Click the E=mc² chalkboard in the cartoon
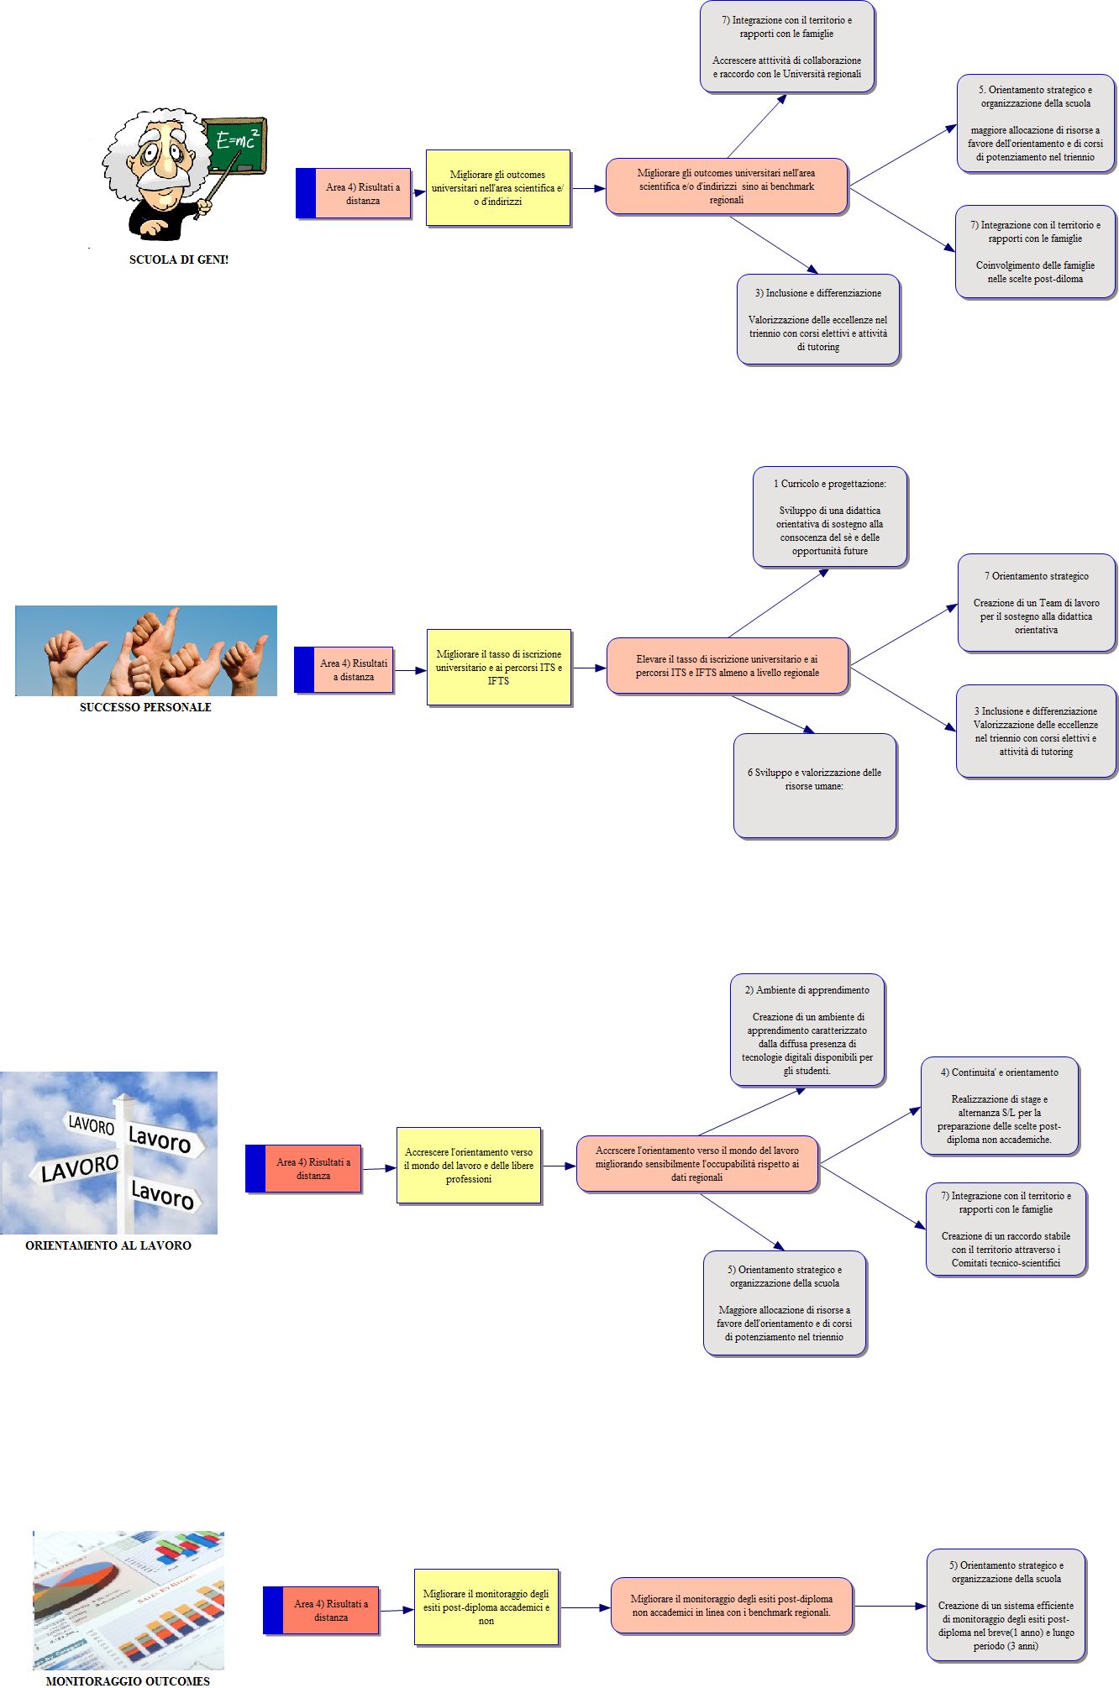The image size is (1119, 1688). coord(236,144)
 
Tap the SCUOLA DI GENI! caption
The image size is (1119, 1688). coord(178,259)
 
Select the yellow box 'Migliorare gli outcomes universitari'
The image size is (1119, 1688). coord(498,188)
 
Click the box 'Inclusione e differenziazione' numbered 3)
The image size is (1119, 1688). coord(818,319)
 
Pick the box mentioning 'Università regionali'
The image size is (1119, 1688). coord(787,47)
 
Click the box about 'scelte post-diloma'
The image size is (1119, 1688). coord(1035,252)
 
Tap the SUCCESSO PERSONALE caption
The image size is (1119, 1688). coord(145,707)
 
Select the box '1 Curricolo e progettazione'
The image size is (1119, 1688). coord(830,517)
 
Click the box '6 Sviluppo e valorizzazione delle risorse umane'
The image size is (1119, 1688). coord(815,785)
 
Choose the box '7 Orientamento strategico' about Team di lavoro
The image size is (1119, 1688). coord(1037,603)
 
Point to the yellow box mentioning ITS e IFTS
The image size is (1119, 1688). coord(499,668)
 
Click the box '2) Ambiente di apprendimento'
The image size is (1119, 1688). coord(807,1030)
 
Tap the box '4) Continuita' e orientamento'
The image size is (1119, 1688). coord(1000,1106)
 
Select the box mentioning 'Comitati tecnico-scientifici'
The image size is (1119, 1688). coord(1006,1229)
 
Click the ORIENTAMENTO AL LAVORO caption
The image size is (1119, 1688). coord(108,1245)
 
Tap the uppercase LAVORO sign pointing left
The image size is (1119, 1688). coord(80,1168)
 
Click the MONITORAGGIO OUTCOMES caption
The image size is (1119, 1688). coord(128,1680)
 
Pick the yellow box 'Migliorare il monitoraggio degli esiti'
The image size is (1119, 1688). coord(486,1607)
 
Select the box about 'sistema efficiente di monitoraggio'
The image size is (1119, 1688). coord(1006,1606)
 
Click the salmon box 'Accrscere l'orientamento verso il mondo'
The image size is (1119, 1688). coord(697,1164)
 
